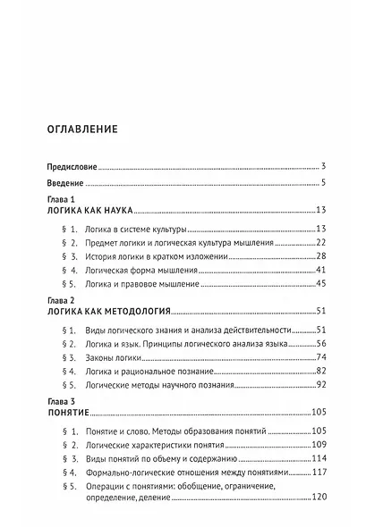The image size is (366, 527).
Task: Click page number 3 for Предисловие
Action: pyautogui.click(x=321, y=166)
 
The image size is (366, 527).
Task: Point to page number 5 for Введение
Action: pyautogui.click(x=321, y=183)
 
